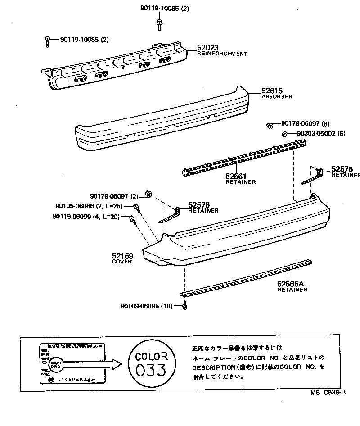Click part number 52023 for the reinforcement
[x=207, y=47]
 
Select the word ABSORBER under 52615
[x=278, y=96]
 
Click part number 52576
[x=199, y=205]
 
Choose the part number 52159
[x=122, y=256]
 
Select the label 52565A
[x=291, y=284]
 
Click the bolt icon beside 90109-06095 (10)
[x=184, y=306]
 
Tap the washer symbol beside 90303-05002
[x=285, y=134]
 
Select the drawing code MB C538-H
[x=327, y=393]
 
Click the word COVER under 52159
[x=122, y=262]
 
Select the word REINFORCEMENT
[x=222, y=54]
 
